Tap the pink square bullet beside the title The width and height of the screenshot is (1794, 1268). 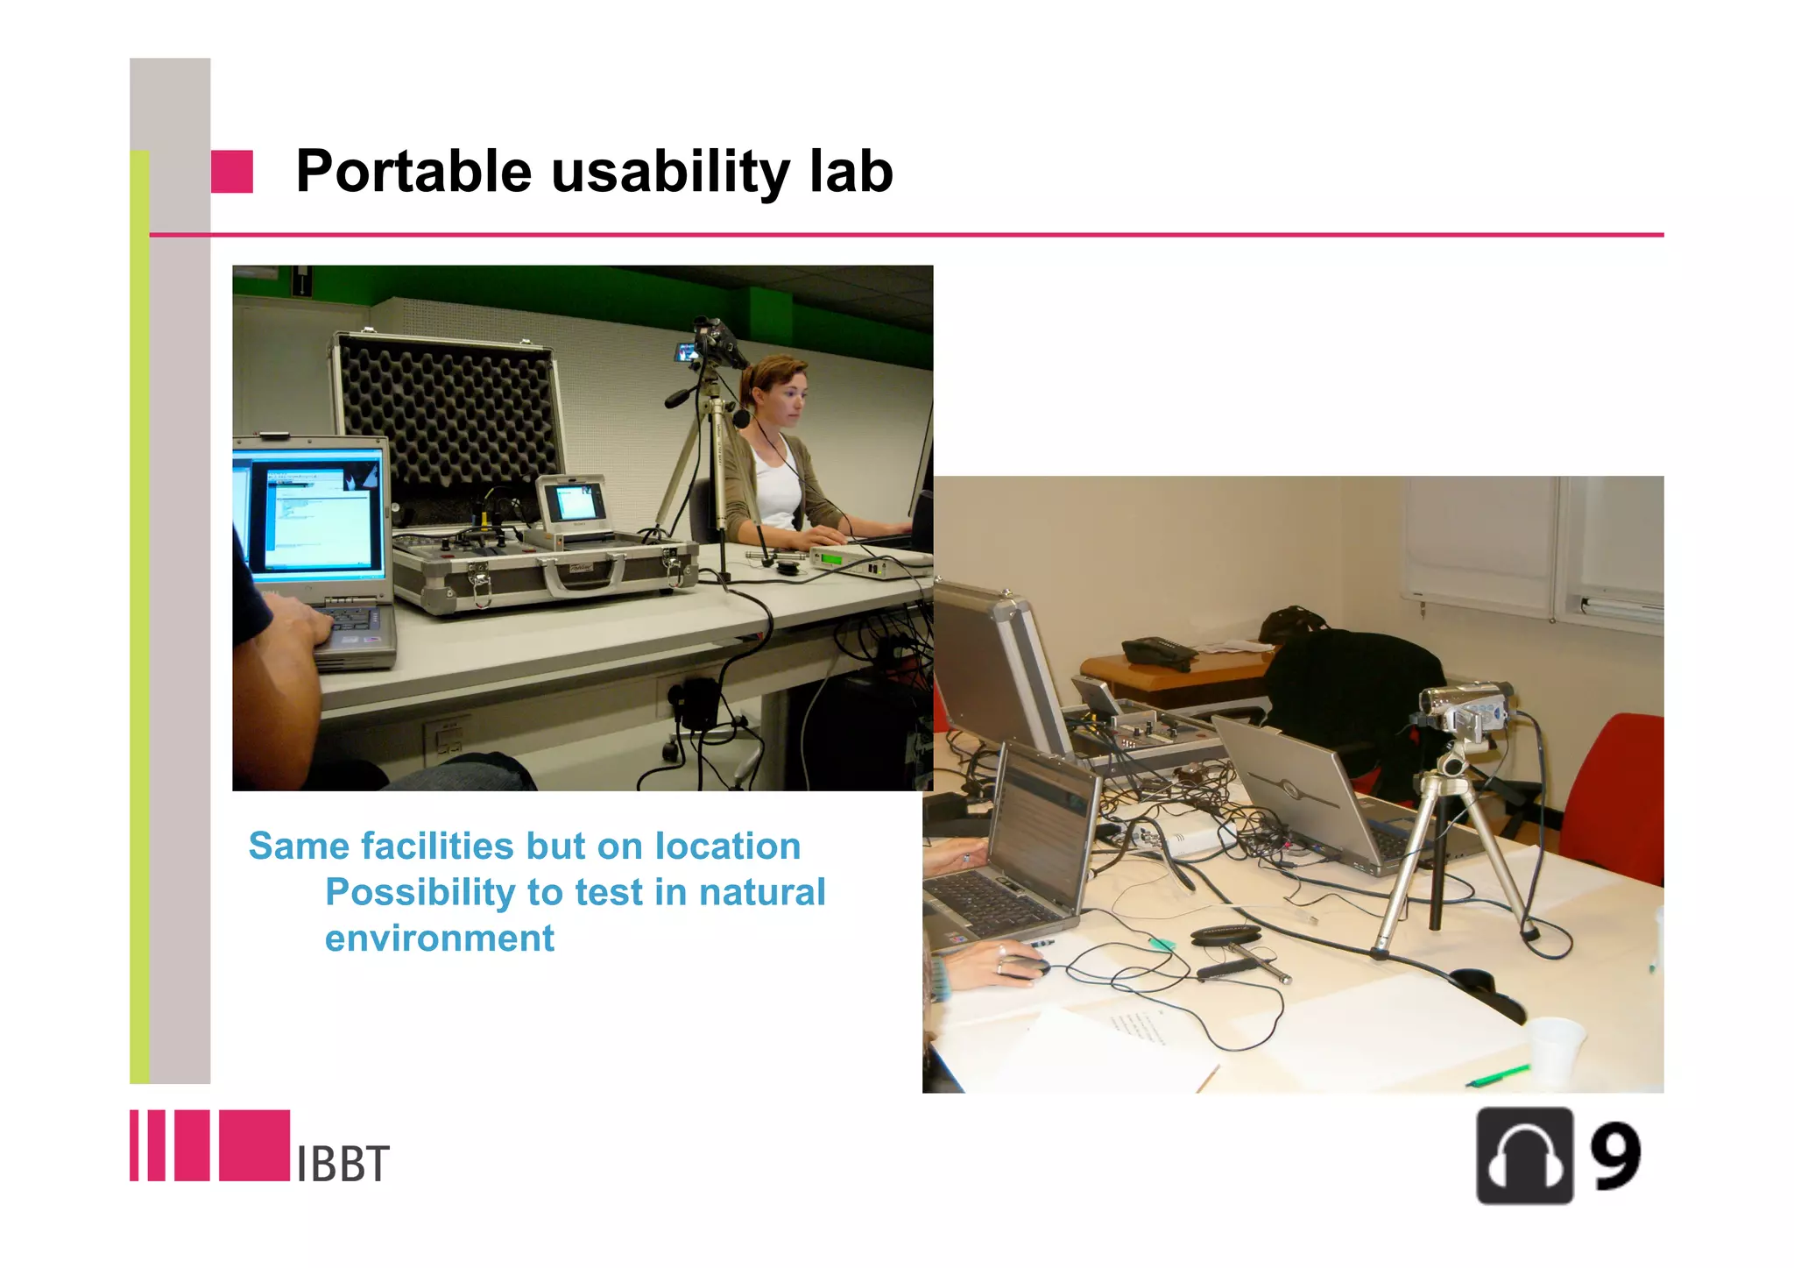point(232,171)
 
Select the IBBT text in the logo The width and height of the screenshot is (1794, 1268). point(342,1165)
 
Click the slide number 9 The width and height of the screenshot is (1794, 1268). point(1614,1157)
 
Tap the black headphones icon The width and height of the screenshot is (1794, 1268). point(1524,1156)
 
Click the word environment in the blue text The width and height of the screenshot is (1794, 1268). point(439,939)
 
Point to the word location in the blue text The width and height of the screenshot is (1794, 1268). point(727,847)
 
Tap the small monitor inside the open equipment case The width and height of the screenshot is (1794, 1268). point(574,503)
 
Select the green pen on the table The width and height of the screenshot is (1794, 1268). point(1498,1075)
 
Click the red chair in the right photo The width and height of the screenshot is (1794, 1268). point(1616,797)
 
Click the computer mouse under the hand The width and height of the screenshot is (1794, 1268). point(1025,967)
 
